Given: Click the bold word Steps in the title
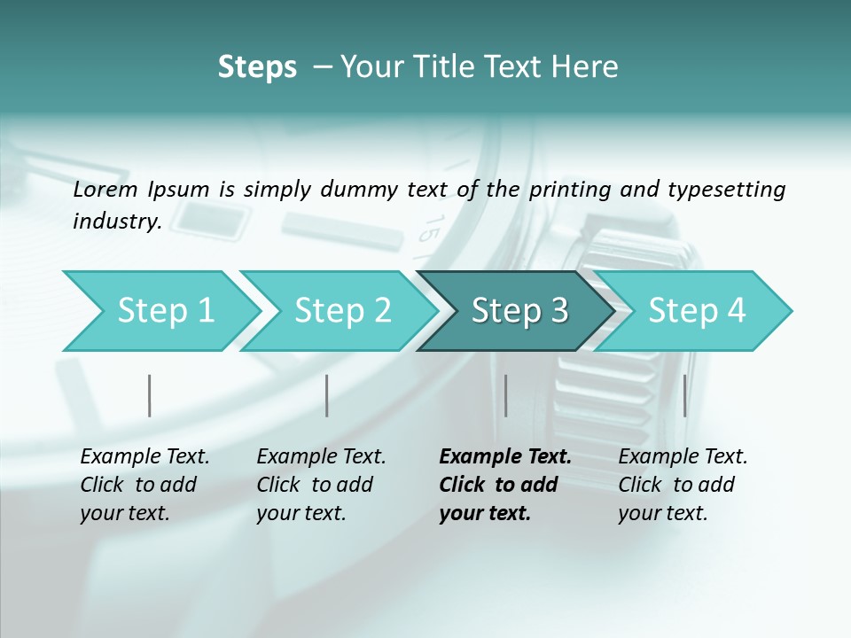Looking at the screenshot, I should pyautogui.click(x=257, y=67).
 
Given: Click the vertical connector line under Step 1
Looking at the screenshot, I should pyautogui.click(x=150, y=395).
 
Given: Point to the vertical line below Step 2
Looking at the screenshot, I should pyautogui.click(x=327, y=395).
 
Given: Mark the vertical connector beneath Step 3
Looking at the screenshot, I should pyautogui.click(x=506, y=395).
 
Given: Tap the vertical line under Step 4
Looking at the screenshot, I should pyautogui.click(x=685, y=395).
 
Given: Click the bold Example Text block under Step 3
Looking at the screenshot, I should pyautogui.click(x=504, y=485).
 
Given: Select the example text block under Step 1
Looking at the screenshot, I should pyautogui.click(x=144, y=485).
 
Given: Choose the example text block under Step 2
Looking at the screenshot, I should pyautogui.click(x=321, y=485).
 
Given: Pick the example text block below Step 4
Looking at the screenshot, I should pyautogui.click(x=683, y=485).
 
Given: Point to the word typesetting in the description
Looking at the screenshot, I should pyautogui.click(x=724, y=190).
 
